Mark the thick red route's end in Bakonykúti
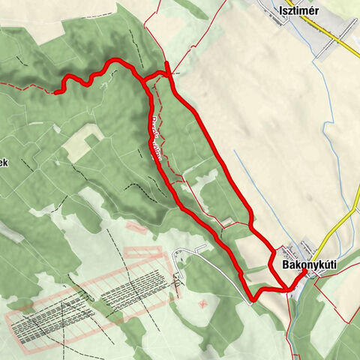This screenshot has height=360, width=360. pyautogui.click(x=304, y=271)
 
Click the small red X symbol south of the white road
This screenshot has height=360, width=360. pyautogui.click(x=203, y=304)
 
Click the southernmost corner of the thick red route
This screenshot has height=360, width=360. pyautogui.click(x=253, y=299)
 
